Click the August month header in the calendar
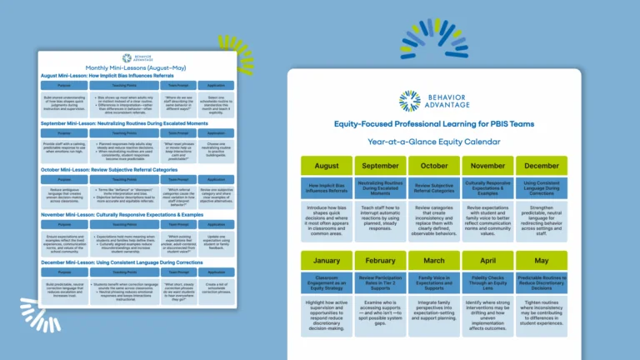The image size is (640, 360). pyautogui.click(x=327, y=166)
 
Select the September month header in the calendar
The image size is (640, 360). pyautogui.click(x=380, y=166)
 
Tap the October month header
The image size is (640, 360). pyautogui.click(x=433, y=166)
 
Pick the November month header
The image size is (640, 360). pyautogui.click(x=487, y=166)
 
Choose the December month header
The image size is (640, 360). pyautogui.click(x=541, y=166)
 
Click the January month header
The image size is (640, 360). pyautogui.click(x=327, y=260)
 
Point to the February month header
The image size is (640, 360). pyautogui.click(x=380, y=260)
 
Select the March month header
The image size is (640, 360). pyautogui.click(x=433, y=260)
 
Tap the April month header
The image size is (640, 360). pyautogui.click(x=487, y=260)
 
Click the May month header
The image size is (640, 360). pyautogui.click(x=541, y=260)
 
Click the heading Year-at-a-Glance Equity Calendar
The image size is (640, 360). pyautogui.click(x=433, y=141)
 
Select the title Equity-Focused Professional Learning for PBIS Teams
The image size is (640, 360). pyautogui.click(x=433, y=124)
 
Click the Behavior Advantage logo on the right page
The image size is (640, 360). pyautogui.click(x=433, y=101)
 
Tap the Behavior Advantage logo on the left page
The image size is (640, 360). pyautogui.click(x=137, y=58)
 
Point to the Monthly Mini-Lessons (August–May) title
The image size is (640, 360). pyautogui.click(x=137, y=68)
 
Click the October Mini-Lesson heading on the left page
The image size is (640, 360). pyautogui.click(x=107, y=170)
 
